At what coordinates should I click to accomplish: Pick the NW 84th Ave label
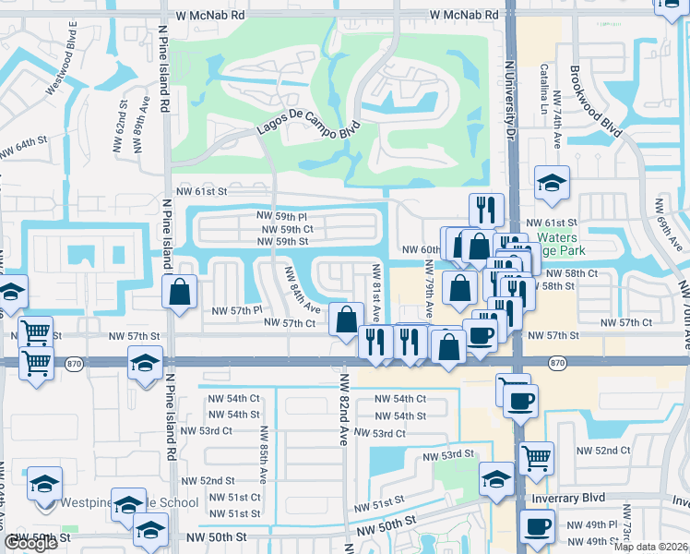[303, 289]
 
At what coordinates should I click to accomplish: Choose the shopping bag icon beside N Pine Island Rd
[181, 291]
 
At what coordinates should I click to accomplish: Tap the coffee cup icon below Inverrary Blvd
[537, 526]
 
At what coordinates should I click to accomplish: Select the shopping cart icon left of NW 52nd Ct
[535, 456]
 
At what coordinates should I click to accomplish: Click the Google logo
[30, 544]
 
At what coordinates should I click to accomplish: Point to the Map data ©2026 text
[651, 547]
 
